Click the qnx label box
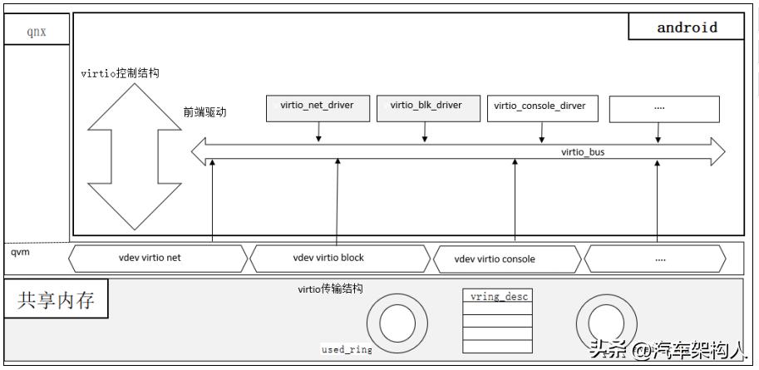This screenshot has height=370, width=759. click(x=37, y=32)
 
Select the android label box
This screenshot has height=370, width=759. click(x=686, y=27)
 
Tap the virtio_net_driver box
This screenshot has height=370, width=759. click(x=317, y=106)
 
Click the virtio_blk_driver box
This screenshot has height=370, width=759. click(x=426, y=106)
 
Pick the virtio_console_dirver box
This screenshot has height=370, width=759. click(x=540, y=106)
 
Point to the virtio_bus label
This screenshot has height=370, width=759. click(x=583, y=152)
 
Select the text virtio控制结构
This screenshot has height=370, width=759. click(x=121, y=73)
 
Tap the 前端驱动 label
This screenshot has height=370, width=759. click(x=205, y=112)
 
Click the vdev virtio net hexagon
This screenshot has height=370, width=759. click(x=158, y=258)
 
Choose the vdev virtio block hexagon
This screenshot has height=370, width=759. click(x=339, y=258)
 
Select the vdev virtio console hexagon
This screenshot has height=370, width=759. click(x=506, y=259)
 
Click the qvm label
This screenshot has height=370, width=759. click(x=21, y=252)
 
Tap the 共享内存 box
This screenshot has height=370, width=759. click(x=57, y=301)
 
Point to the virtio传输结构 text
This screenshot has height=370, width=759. click(x=330, y=289)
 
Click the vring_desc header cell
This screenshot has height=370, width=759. click(x=496, y=296)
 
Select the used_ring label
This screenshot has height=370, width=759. click(x=347, y=350)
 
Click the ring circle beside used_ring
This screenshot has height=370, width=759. click(x=392, y=323)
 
